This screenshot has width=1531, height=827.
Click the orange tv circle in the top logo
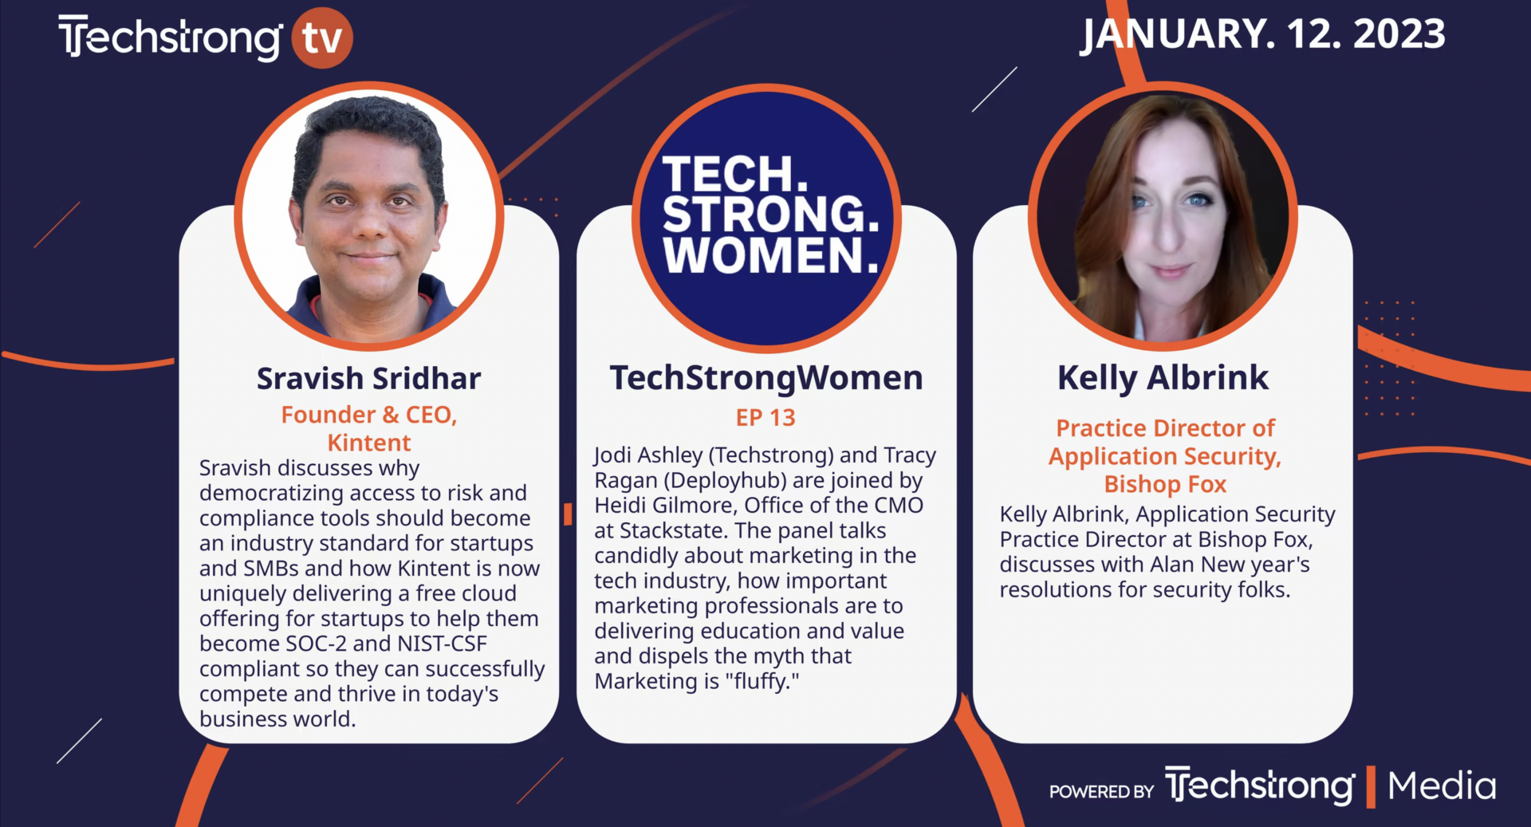tap(322, 37)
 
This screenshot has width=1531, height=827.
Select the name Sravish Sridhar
tap(368, 379)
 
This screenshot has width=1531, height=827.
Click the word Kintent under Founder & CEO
tap(368, 443)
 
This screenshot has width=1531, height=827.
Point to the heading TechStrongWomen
tap(765, 378)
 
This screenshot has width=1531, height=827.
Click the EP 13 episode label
tap(765, 418)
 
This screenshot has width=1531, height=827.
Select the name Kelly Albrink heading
tap(1163, 378)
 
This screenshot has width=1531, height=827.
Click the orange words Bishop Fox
tap(1165, 484)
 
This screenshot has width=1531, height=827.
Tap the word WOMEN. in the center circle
tap(770, 256)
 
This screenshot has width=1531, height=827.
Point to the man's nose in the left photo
tap(370, 226)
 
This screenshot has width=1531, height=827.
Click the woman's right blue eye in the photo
tap(1197, 199)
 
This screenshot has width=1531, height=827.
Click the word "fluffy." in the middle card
tap(762, 682)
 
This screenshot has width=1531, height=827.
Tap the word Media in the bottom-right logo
tap(1442, 786)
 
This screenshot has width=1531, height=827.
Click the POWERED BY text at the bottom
tap(1101, 792)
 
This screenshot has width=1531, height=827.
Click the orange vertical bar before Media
tap(1372, 786)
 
